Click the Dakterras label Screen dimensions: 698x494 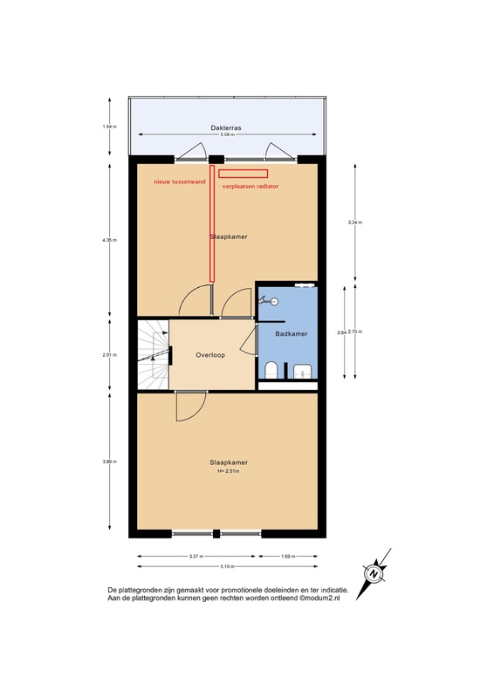click(225, 128)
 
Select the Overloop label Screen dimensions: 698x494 click(212, 356)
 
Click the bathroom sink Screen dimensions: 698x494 click(302, 370)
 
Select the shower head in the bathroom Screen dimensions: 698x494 click(271, 300)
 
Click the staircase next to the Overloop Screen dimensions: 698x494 click(153, 354)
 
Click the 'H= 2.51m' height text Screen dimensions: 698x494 click(227, 472)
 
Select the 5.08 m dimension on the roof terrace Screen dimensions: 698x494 click(225, 135)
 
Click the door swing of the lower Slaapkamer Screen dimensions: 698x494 click(189, 405)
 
